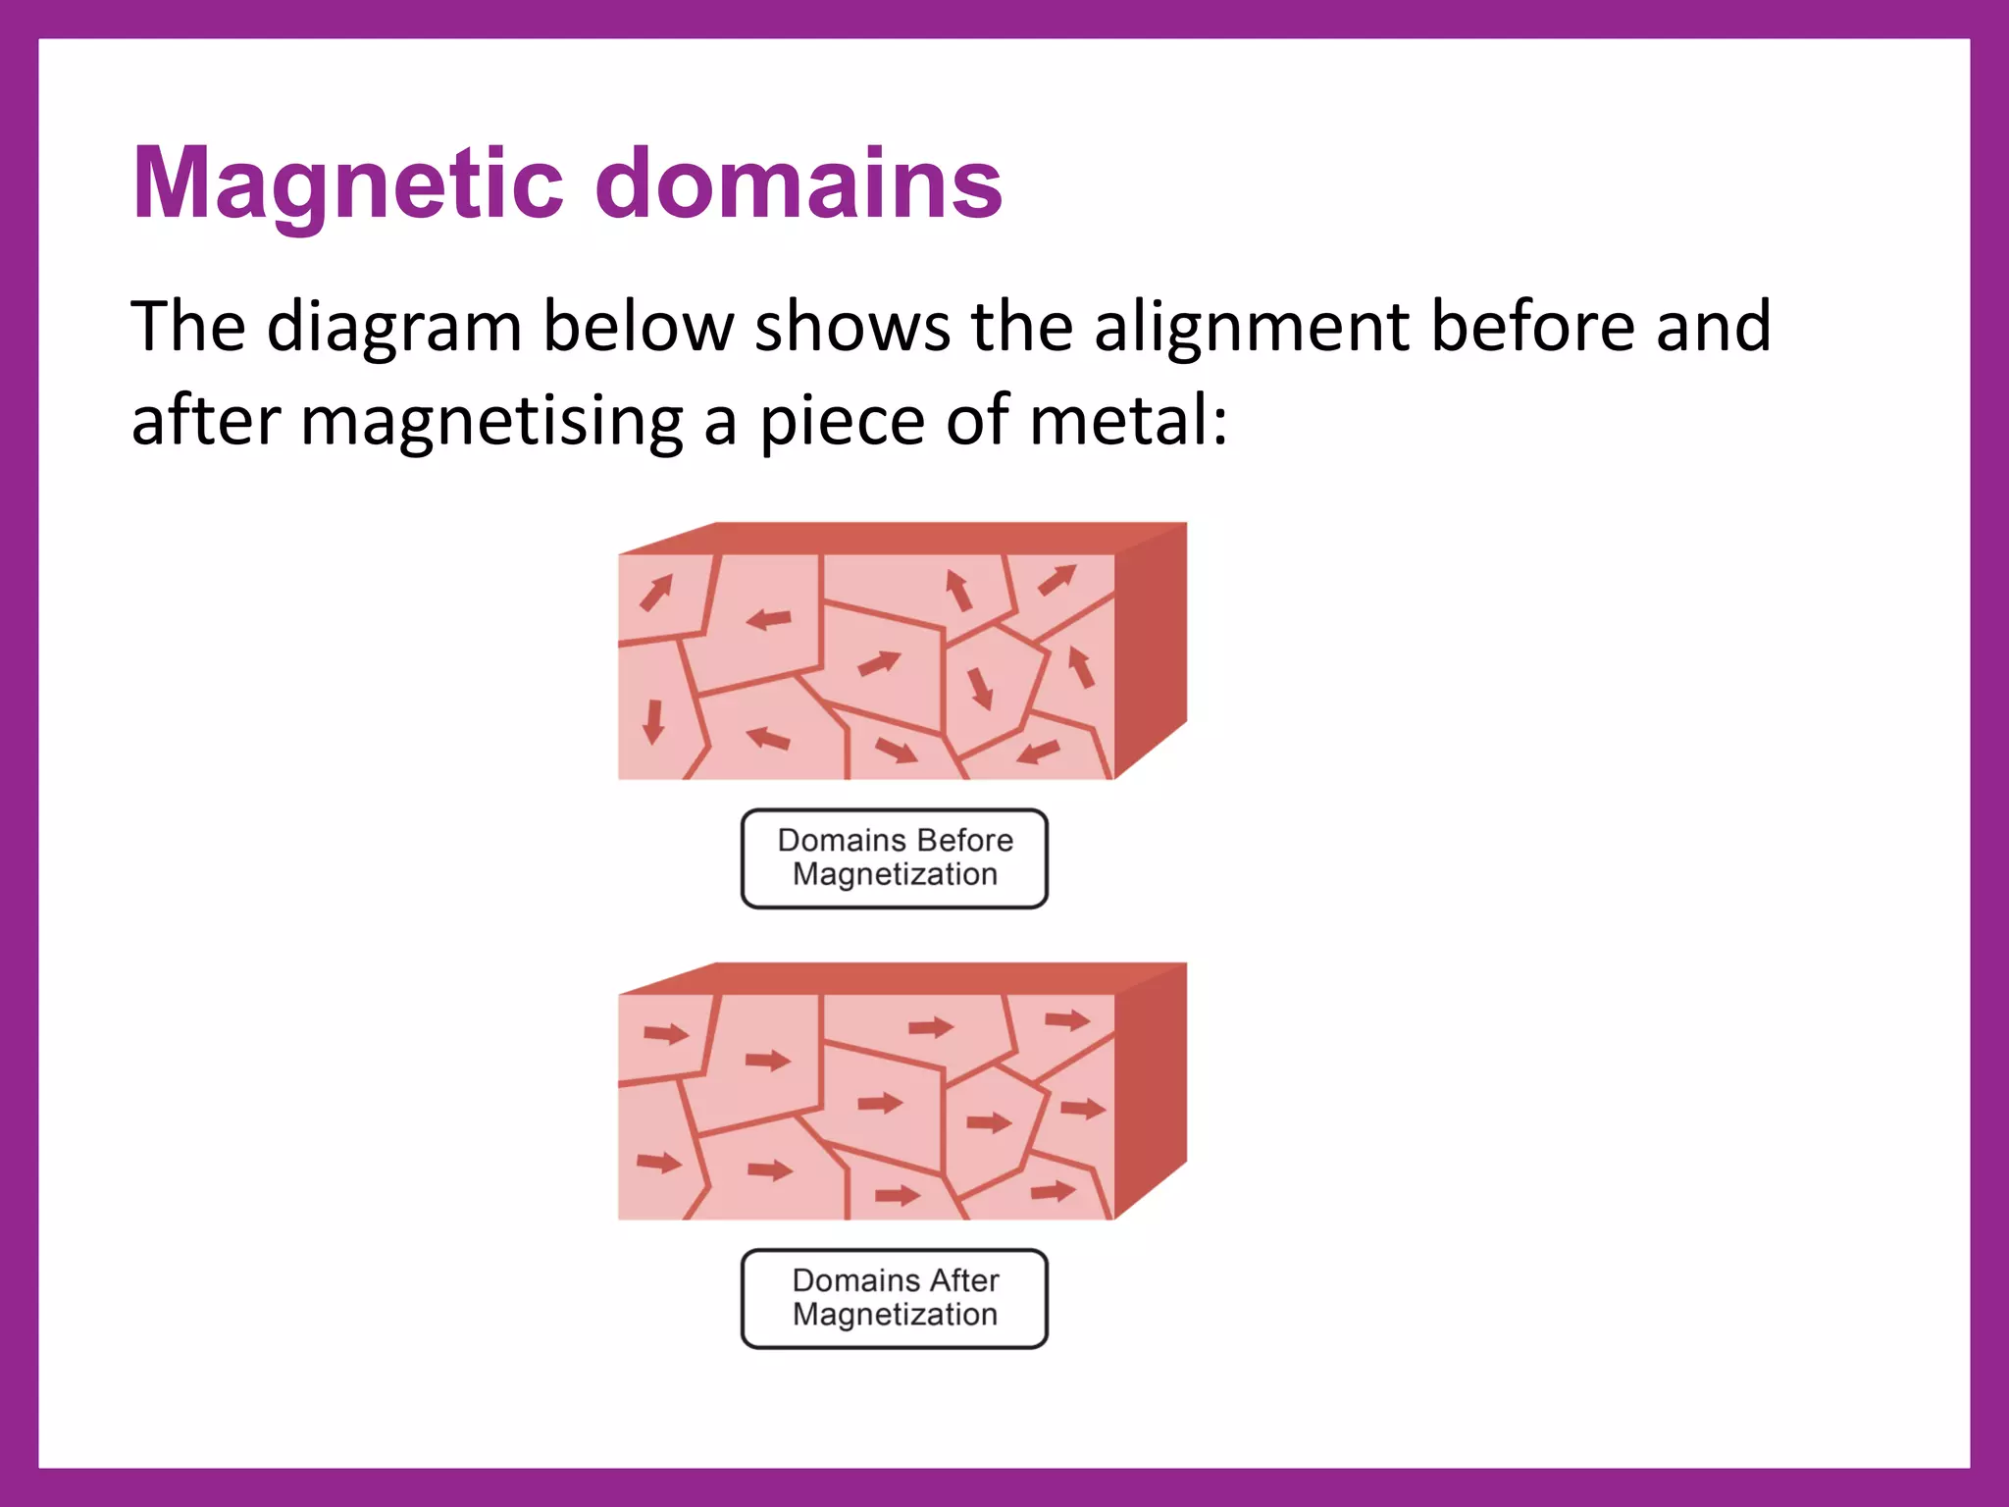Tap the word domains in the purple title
[798, 182]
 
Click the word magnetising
[491, 422]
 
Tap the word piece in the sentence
[843, 422]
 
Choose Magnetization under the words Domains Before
[895, 874]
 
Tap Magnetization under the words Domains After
[895, 1315]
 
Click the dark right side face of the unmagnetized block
[1151, 648]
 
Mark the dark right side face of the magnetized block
[1151, 1088]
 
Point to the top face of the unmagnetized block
[902, 539]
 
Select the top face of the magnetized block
[902, 978]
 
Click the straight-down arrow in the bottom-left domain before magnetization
[653, 722]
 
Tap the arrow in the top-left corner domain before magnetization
[656, 593]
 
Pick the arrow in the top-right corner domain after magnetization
[1067, 1020]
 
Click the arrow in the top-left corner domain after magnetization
[666, 1033]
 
